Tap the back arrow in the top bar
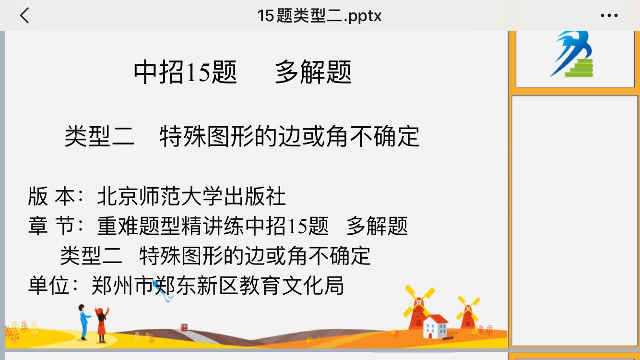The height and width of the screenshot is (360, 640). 24,15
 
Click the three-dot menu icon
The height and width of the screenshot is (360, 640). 609,15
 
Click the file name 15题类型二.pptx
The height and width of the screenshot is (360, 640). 319,16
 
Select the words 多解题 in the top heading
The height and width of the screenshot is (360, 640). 313,72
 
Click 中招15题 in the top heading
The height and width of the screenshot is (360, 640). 185,72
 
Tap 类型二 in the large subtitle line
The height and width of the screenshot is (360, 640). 99,136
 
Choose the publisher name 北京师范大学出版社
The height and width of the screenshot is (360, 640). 191,196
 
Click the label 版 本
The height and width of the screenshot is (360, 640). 51,196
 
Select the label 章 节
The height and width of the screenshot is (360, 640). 51,226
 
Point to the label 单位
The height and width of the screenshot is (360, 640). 48,286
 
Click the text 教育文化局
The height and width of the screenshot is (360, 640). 291,286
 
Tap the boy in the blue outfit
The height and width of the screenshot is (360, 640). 83,322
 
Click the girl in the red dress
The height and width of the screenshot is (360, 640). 102,325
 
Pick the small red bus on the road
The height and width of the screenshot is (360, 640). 184,327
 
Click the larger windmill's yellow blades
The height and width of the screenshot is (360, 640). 419,301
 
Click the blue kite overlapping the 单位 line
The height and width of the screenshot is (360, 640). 162,290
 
